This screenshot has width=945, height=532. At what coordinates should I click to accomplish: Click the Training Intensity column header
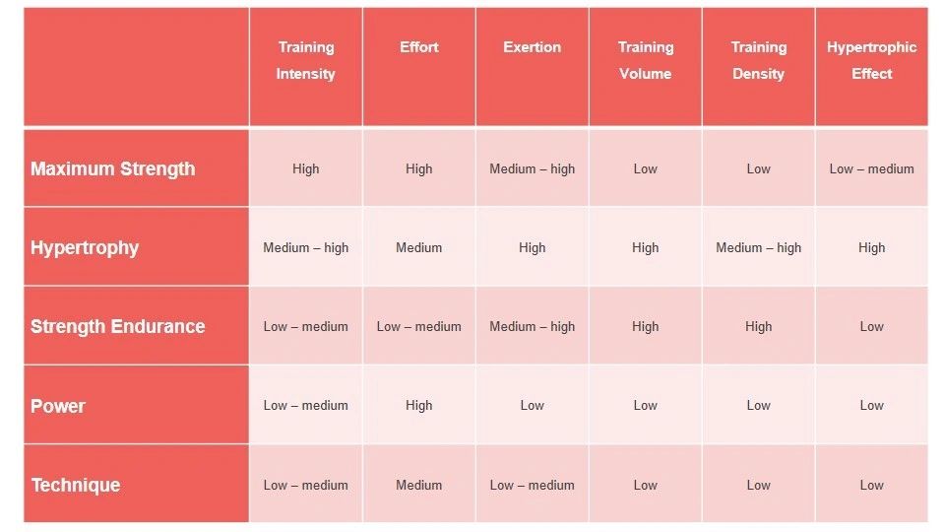click(x=305, y=60)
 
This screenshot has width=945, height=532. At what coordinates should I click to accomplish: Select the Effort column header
click(x=418, y=47)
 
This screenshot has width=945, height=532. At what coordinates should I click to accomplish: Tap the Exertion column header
click(x=532, y=47)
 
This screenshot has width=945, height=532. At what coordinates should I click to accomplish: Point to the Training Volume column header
click(x=645, y=60)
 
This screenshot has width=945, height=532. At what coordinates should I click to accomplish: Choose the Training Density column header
click(x=758, y=60)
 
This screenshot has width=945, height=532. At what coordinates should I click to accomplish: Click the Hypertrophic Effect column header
click(x=871, y=60)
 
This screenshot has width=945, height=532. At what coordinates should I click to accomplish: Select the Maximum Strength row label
click(x=112, y=168)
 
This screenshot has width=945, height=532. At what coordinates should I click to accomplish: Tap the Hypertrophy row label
click(x=85, y=247)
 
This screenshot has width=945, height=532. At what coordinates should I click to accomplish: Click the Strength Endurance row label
click(x=117, y=326)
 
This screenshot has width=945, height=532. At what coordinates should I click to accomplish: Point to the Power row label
click(x=58, y=406)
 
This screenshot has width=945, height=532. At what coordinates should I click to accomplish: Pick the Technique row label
click(x=75, y=485)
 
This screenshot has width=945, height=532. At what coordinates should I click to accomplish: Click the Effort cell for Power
click(x=418, y=405)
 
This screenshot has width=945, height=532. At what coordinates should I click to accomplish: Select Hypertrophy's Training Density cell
click(x=758, y=247)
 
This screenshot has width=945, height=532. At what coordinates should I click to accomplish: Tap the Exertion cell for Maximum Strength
click(x=532, y=168)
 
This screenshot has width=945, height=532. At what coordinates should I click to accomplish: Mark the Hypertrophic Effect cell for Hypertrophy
click(x=871, y=247)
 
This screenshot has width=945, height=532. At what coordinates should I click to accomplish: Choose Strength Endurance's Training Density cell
click(x=758, y=326)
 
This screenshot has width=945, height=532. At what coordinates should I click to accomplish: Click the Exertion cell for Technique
click(x=532, y=485)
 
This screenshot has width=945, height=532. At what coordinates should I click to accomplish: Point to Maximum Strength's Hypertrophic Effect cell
click(x=871, y=168)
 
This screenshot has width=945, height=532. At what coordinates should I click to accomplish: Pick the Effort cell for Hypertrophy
click(x=418, y=247)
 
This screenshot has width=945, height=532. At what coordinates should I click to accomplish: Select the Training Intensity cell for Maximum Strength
click(x=305, y=168)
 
